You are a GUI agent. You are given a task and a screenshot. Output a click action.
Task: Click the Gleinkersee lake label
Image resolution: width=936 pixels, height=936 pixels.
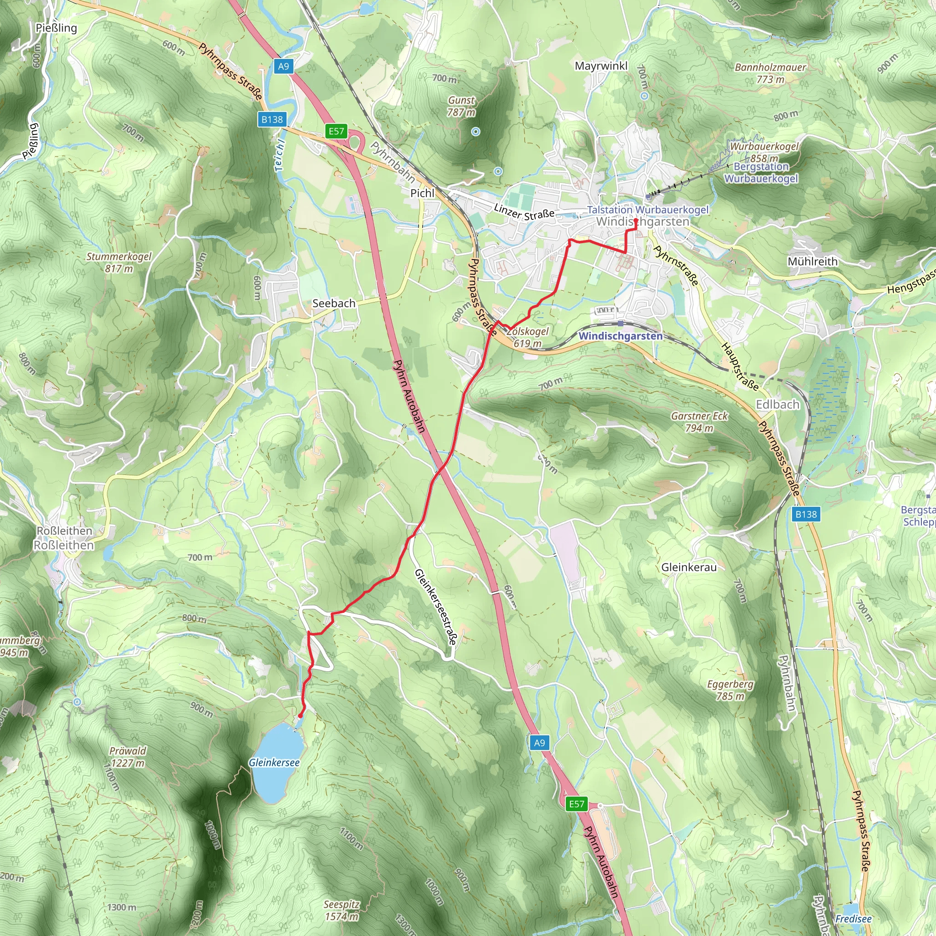274,763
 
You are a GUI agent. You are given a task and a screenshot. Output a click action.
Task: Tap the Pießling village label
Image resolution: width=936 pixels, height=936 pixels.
56,27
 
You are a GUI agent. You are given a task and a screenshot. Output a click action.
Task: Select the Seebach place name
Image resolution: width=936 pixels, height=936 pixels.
334,303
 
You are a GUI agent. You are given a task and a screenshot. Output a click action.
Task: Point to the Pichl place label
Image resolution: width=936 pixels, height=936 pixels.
422,193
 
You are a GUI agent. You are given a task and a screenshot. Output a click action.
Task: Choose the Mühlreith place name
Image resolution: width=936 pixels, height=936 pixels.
813,261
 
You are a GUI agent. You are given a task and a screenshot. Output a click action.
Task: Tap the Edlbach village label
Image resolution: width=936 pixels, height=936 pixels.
777,404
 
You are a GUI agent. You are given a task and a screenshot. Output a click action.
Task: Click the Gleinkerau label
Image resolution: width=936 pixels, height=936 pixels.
689,567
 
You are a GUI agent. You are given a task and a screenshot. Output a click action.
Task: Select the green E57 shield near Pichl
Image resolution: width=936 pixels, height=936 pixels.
336,131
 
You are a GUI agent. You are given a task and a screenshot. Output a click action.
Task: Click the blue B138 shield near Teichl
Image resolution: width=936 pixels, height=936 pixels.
272,119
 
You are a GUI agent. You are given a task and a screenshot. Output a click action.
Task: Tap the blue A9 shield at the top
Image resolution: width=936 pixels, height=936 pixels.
283,66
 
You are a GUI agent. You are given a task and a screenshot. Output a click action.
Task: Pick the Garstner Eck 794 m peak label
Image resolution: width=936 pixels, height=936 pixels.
699,422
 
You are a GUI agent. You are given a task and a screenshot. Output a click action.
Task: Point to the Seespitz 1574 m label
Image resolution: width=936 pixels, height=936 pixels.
341,910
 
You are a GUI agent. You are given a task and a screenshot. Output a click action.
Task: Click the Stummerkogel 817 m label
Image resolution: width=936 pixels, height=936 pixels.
119,262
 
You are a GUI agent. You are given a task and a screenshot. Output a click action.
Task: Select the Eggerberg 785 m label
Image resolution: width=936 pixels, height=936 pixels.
730,690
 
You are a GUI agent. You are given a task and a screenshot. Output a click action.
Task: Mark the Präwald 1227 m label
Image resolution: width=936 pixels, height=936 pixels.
128,757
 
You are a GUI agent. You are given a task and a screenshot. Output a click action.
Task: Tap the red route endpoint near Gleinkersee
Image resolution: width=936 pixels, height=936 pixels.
300,716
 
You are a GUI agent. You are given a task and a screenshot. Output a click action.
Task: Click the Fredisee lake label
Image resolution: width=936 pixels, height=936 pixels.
853,919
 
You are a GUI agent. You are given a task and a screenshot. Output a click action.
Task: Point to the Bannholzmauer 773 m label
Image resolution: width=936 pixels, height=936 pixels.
770,73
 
